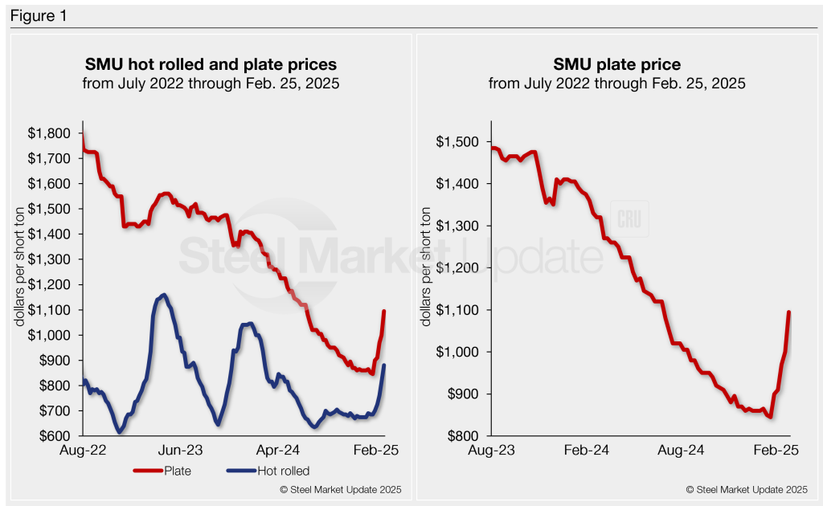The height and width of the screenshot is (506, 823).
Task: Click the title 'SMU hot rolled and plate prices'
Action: click(211, 64)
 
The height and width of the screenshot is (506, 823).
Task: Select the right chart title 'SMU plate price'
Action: click(616, 64)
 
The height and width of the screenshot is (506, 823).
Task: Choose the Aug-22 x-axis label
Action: click(84, 451)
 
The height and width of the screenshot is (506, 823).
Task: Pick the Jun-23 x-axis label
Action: click(185, 451)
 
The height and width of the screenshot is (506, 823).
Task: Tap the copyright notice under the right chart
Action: click(747, 489)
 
